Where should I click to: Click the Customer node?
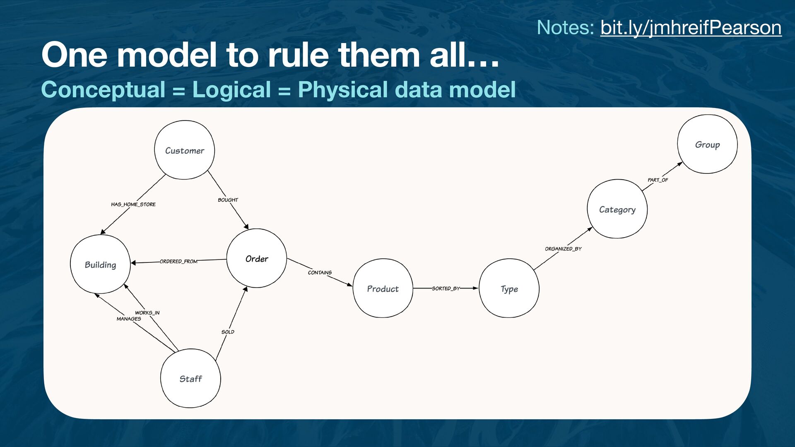pyautogui.click(x=184, y=150)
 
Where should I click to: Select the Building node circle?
pyautogui.click(x=100, y=264)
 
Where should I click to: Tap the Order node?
pyautogui.click(x=257, y=259)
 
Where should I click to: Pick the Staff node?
pyautogui.click(x=190, y=379)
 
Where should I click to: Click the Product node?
pyautogui.click(x=383, y=288)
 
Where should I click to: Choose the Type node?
pyautogui.click(x=509, y=288)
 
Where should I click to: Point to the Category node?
pyautogui.click(x=617, y=209)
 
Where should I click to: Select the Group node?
pyautogui.click(x=707, y=144)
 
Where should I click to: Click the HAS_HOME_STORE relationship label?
pyautogui.click(x=133, y=204)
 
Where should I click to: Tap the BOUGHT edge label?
pyautogui.click(x=228, y=200)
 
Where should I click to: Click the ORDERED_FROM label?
pyautogui.click(x=178, y=262)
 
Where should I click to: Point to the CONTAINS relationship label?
pyautogui.click(x=320, y=273)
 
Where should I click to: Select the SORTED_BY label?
pyautogui.click(x=446, y=288)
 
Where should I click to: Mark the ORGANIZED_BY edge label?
pyautogui.click(x=563, y=249)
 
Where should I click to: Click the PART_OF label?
pyautogui.click(x=658, y=180)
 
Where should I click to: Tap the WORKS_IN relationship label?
pyautogui.click(x=147, y=313)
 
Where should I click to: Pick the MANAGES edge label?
pyautogui.click(x=129, y=319)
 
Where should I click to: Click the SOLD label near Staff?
pyautogui.click(x=228, y=332)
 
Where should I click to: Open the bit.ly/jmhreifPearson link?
pyautogui.click(x=691, y=28)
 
